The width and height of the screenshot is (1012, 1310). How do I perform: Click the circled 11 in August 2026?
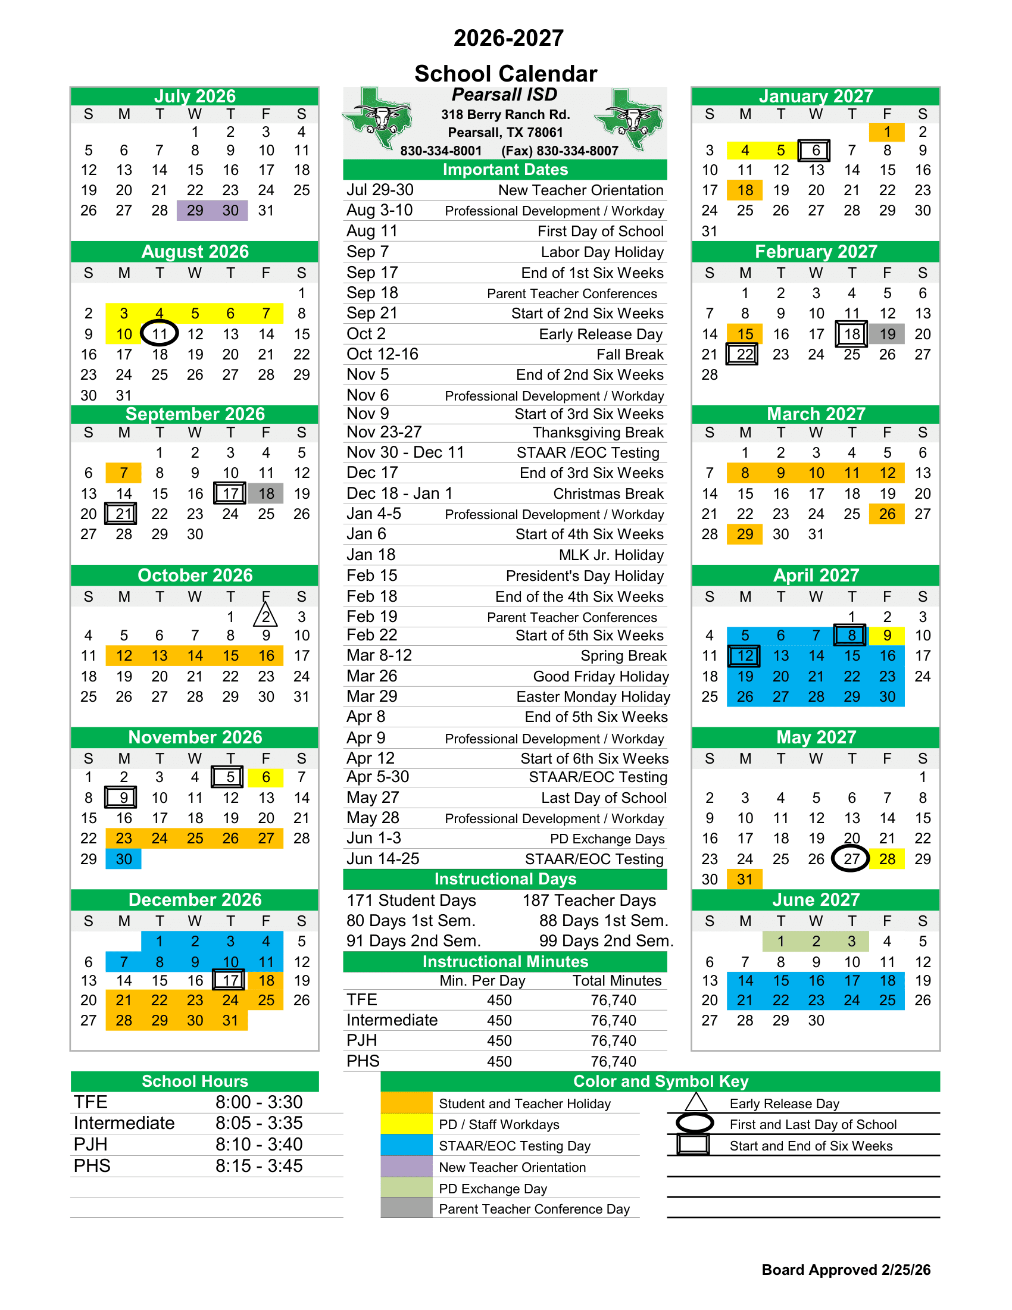tap(160, 334)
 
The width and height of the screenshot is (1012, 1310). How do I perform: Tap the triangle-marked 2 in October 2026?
tap(266, 617)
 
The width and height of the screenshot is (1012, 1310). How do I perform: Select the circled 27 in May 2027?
tap(851, 859)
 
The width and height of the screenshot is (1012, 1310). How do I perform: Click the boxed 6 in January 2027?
tap(815, 151)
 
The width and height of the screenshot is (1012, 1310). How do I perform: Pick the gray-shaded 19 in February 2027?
tap(887, 334)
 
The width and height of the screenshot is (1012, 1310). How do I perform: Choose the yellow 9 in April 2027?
tap(887, 635)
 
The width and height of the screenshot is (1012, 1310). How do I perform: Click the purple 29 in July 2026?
tap(195, 211)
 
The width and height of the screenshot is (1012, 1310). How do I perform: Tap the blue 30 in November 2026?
tap(124, 859)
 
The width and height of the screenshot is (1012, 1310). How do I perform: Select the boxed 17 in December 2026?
tap(230, 981)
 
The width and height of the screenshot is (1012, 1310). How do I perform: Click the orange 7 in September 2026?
tap(124, 473)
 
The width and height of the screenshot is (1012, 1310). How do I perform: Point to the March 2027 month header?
tap(815, 414)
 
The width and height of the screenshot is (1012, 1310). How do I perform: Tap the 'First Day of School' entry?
tap(600, 232)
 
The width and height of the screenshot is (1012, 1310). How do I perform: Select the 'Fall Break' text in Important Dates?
tap(629, 355)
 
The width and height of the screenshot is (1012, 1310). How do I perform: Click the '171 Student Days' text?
tap(411, 901)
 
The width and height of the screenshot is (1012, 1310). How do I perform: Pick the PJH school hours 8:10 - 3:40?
tap(259, 1145)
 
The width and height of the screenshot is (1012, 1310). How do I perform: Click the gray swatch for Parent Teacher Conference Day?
tap(406, 1208)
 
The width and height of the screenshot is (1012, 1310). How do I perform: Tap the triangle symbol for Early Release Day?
tap(695, 1102)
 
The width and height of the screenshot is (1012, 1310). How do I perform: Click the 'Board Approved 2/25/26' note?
tap(845, 1270)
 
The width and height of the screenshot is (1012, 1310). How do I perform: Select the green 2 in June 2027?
tap(815, 941)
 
